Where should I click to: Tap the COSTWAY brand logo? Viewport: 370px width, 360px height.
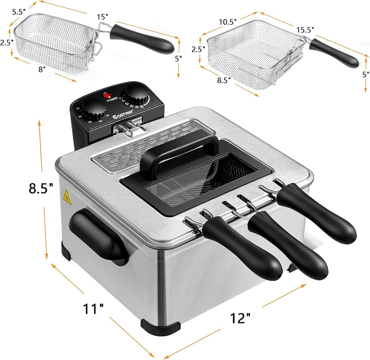(x=122, y=116)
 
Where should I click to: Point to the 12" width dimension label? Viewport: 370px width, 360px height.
(x=240, y=318)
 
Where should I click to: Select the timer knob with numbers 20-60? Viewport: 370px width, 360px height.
(x=92, y=109)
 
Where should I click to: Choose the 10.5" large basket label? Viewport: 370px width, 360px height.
(x=227, y=21)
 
